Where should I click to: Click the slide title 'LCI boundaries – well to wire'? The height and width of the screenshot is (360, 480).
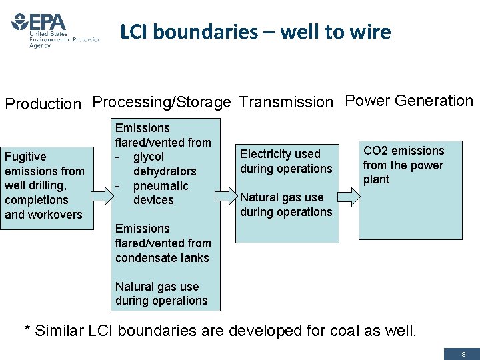click(255, 31)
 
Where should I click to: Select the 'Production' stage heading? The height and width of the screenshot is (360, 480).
click(43, 104)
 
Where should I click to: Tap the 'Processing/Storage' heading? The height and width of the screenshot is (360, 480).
click(162, 102)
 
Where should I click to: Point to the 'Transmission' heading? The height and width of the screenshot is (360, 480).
click(285, 102)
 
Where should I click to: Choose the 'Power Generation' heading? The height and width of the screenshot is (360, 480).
click(409, 101)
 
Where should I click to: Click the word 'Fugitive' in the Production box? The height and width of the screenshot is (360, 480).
click(25, 157)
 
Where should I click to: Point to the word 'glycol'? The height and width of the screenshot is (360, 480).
click(149, 157)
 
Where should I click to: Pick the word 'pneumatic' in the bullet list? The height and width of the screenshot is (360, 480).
click(161, 186)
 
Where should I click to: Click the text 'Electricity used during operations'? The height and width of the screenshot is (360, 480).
click(286, 161)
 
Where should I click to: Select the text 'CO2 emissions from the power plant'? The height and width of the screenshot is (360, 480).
click(403, 165)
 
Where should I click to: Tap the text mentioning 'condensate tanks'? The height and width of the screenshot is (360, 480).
click(162, 243)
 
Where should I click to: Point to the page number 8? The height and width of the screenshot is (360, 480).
click(463, 354)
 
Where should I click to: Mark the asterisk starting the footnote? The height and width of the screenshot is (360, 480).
click(28, 329)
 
